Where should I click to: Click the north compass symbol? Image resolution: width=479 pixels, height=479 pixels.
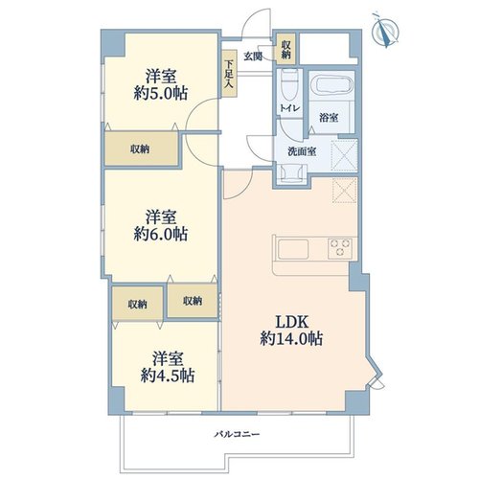click(x=386, y=31)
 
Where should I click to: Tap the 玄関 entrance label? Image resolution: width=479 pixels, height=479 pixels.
click(x=253, y=57)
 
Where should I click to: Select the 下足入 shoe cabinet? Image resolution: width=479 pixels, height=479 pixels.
click(x=230, y=74)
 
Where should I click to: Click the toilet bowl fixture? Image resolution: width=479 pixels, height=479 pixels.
click(x=289, y=84)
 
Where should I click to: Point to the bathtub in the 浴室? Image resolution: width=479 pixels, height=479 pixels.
click(x=334, y=85)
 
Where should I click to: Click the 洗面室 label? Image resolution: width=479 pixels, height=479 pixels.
click(x=302, y=151)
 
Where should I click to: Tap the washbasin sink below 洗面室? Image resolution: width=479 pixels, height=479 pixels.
click(x=291, y=174)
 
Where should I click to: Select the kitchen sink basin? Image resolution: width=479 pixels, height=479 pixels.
click(x=293, y=249)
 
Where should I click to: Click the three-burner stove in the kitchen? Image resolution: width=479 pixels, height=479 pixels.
click(x=340, y=248)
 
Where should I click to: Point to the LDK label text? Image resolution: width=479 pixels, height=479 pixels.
click(x=292, y=322)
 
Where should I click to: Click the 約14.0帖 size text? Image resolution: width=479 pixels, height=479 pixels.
click(x=291, y=339)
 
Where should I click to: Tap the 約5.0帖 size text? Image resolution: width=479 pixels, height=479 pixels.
click(x=161, y=94)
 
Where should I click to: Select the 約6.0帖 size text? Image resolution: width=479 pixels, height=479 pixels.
click(x=161, y=235)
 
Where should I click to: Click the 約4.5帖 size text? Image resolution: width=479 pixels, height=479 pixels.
click(x=168, y=376)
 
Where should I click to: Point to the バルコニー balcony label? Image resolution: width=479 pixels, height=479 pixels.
click(x=237, y=434)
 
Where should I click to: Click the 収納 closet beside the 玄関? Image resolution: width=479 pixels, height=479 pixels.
click(x=285, y=50)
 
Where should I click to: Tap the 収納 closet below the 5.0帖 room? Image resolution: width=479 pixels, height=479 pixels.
click(x=142, y=148)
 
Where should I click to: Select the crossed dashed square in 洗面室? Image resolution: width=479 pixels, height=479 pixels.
click(x=344, y=155)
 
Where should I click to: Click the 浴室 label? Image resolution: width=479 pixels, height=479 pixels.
click(x=329, y=118)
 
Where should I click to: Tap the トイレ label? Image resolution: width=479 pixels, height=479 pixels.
click(x=289, y=108)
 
